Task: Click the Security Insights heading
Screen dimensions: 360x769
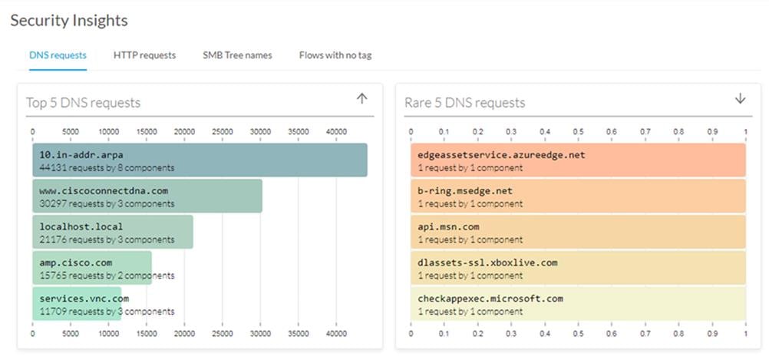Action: (69, 21)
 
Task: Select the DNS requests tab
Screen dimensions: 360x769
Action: (58, 55)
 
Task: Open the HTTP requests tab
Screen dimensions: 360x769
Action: (144, 55)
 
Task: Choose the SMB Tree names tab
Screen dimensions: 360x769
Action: (237, 55)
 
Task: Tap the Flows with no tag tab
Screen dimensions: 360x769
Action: (335, 55)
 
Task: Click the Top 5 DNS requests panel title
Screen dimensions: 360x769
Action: (83, 102)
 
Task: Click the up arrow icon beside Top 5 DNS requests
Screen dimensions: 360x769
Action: (362, 99)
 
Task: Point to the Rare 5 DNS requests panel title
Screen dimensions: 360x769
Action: (464, 102)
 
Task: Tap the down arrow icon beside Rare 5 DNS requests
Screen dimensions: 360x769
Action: (740, 99)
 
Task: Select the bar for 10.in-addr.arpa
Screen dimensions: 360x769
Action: (200, 160)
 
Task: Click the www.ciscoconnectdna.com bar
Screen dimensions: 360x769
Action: (147, 197)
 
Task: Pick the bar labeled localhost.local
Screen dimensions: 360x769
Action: (112, 233)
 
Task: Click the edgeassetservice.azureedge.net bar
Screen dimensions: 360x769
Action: (578, 160)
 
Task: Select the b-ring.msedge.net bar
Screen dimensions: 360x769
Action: (578, 197)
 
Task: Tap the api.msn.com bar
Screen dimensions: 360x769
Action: (578, 233)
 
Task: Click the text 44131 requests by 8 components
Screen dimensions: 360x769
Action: (107, 167)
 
